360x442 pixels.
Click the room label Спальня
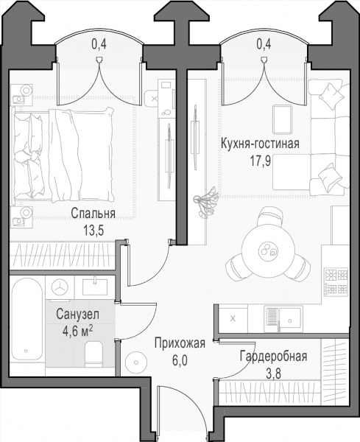[93, 214]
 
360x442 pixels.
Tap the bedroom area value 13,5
[93, 231]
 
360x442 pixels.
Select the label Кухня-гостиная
[260, 144]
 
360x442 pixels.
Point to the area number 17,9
[261, 161]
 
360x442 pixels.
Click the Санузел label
[78, 315]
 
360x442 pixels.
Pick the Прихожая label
[180, 343]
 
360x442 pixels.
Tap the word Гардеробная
[273, 357]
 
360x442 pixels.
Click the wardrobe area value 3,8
[273, 375]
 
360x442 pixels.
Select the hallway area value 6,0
[180, 360]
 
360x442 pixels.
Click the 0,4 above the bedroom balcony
[99, 44]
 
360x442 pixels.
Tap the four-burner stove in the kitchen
[336, 281]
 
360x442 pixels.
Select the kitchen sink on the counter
[283, 318]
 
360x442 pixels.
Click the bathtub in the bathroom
[27, 319]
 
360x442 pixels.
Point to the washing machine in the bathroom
[60, 287]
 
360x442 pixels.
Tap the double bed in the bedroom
[63, 155]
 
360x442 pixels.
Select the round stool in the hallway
[136, 362]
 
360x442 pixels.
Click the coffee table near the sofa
[282, 119]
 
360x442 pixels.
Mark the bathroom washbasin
[95, 287]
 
